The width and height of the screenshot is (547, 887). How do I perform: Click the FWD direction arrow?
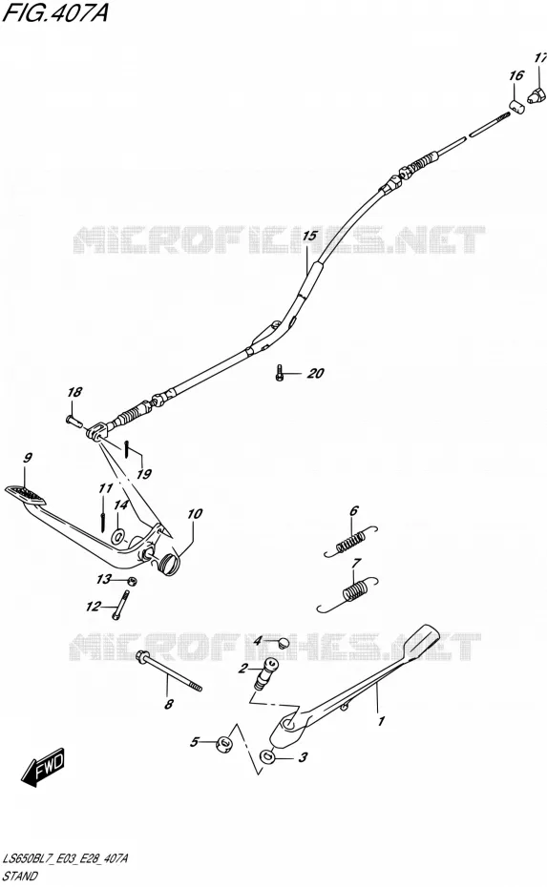(x=43, y=768)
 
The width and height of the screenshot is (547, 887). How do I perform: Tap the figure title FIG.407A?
(x=55, y=12)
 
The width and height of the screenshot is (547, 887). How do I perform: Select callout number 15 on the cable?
(x=309, y=236)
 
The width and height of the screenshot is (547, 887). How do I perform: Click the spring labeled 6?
(x=350, y=542)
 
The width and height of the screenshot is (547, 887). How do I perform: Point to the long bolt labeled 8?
(x=169, y=673)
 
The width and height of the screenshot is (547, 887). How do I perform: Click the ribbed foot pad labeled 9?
(x=25, y=494)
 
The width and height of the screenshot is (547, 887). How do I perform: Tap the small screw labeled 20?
(x=279, y=373)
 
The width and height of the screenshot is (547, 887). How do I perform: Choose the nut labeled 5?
(x=225, y=743)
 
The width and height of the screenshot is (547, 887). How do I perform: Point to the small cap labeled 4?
(x=284, y=642)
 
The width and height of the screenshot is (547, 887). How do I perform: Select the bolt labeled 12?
(x=122, y=604)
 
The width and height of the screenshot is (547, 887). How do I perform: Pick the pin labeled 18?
(x=74, y=421)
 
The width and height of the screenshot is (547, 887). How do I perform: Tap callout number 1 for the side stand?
(x=381, y=721)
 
